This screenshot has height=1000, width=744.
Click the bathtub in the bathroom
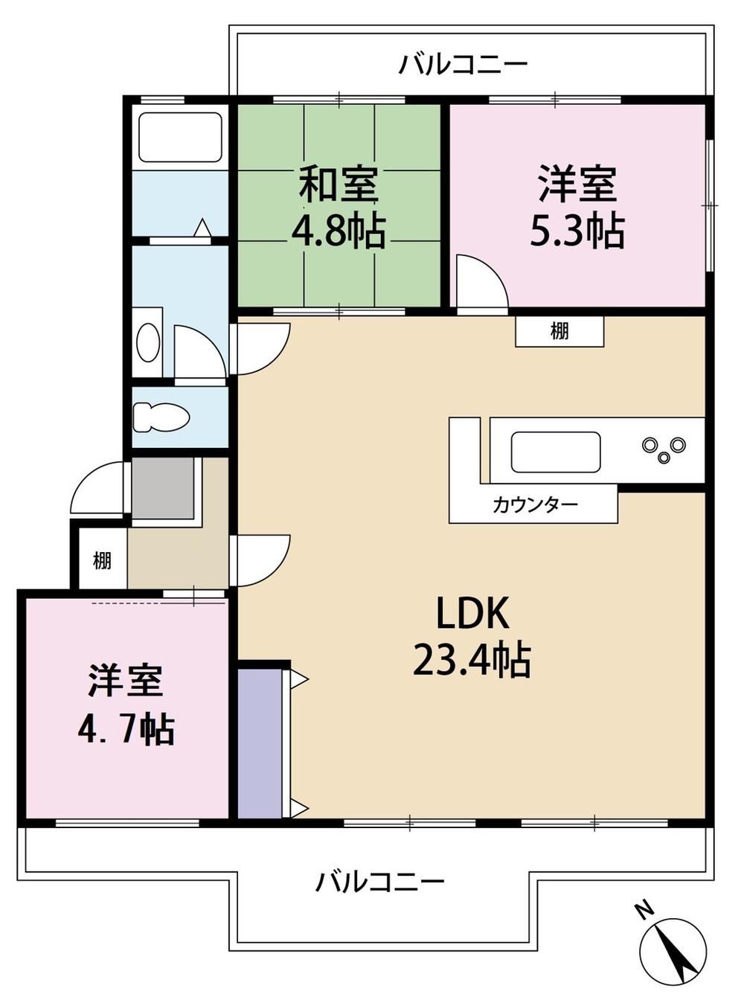tap(180, 137)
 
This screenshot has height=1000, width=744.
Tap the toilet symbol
tap(161, 417)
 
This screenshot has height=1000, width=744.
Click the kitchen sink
tap(556, 452)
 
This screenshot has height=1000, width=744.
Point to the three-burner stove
tap(664, 448)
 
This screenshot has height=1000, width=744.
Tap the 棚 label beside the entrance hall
tap(103, 561)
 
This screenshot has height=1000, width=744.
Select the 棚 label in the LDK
tap(559, 331)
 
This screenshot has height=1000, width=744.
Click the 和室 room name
tap(339, 185)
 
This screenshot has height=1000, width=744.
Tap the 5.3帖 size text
tap(577, 231)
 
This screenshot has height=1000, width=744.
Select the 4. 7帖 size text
tap(126, 731)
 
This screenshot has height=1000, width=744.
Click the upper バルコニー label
tap(463, 65)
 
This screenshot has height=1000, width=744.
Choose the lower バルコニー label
tap(379, 882)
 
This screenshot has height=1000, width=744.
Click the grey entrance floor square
tap(163, 488)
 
